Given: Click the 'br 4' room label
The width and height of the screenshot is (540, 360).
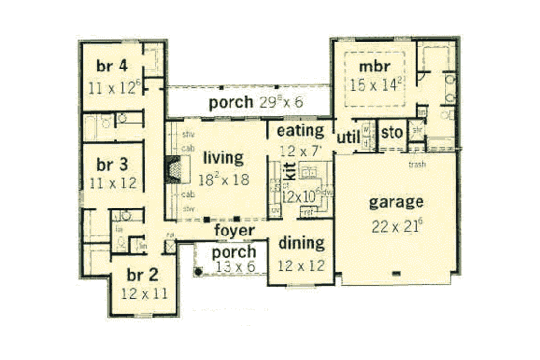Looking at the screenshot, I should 115,67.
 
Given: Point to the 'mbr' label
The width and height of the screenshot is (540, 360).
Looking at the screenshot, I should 373,67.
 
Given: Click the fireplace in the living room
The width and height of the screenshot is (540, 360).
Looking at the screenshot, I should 173,172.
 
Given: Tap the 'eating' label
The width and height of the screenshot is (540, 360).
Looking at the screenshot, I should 299,129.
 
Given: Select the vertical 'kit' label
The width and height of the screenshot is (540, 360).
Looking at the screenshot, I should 286,174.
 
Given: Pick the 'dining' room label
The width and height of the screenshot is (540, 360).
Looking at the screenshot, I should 300,242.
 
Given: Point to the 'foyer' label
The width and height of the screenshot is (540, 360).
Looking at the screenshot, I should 233,232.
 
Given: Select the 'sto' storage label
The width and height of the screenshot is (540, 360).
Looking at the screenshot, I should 390,132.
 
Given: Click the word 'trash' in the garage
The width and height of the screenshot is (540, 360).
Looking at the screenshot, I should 418,165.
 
